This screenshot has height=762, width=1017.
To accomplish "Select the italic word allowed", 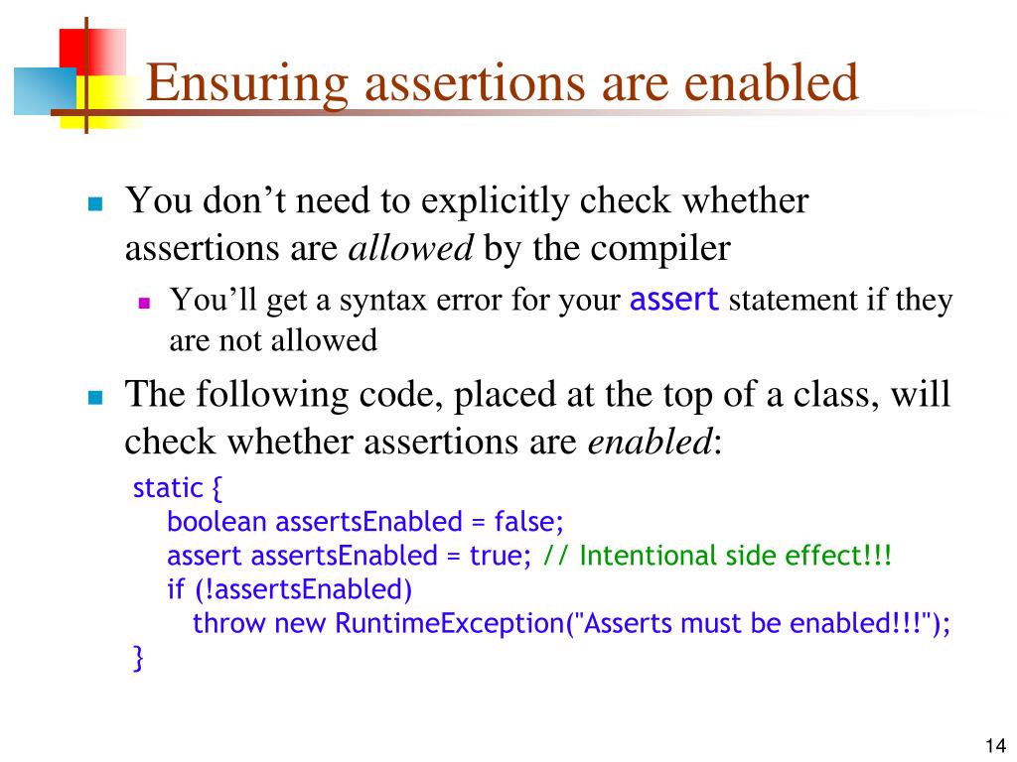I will [x=411, y=248].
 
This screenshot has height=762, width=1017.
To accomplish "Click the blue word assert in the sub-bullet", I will [x=674, y=300].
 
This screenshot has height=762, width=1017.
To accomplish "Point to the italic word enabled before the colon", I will [x=650, y=443].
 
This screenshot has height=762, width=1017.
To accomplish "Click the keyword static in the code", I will [x=167, y=488].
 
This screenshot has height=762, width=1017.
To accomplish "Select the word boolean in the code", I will [x=218, y=522].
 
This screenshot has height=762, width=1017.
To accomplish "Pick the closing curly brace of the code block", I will [x=138, y=659].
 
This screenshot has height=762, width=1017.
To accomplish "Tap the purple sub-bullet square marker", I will [x=144, y=304].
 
